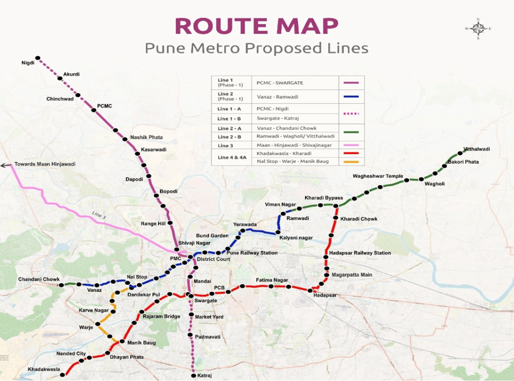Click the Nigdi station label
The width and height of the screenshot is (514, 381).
click(28, 63)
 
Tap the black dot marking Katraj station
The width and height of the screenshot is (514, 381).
click(193, 375)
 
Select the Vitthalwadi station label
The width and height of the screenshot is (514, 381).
click(476, 149)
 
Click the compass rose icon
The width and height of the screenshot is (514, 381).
click(478, 29)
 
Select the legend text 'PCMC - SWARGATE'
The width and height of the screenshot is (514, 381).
click(280, 83)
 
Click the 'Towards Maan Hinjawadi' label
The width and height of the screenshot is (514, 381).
click(45, 164)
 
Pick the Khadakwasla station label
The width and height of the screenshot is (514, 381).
click(44, 369)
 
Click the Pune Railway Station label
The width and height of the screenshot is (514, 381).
click(251, 253)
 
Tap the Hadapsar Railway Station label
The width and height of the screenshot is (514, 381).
click(360, 253)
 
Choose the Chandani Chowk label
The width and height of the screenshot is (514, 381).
click(39, 279)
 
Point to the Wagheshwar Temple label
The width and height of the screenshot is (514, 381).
click(377, 176)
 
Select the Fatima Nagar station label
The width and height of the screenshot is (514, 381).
click(272, 280)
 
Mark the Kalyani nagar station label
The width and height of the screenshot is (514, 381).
click(296, 238)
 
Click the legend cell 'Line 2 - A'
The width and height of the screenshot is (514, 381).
click(229, 128)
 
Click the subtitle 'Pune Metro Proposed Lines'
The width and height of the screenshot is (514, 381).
click(256, 48)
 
